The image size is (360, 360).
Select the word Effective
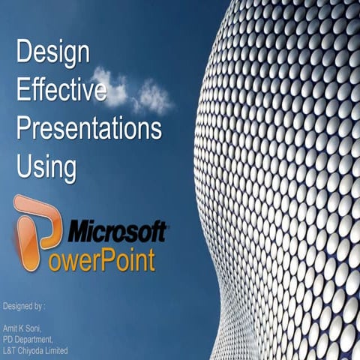(x=61, y=91)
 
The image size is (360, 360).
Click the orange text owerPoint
(x=109, y=259)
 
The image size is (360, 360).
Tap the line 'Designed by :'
(x=24, y=307)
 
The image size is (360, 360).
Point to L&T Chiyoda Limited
(x=35, y=350)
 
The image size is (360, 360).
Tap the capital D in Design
(x=25, y=52)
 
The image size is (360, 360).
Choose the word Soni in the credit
(x=36, y=329)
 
